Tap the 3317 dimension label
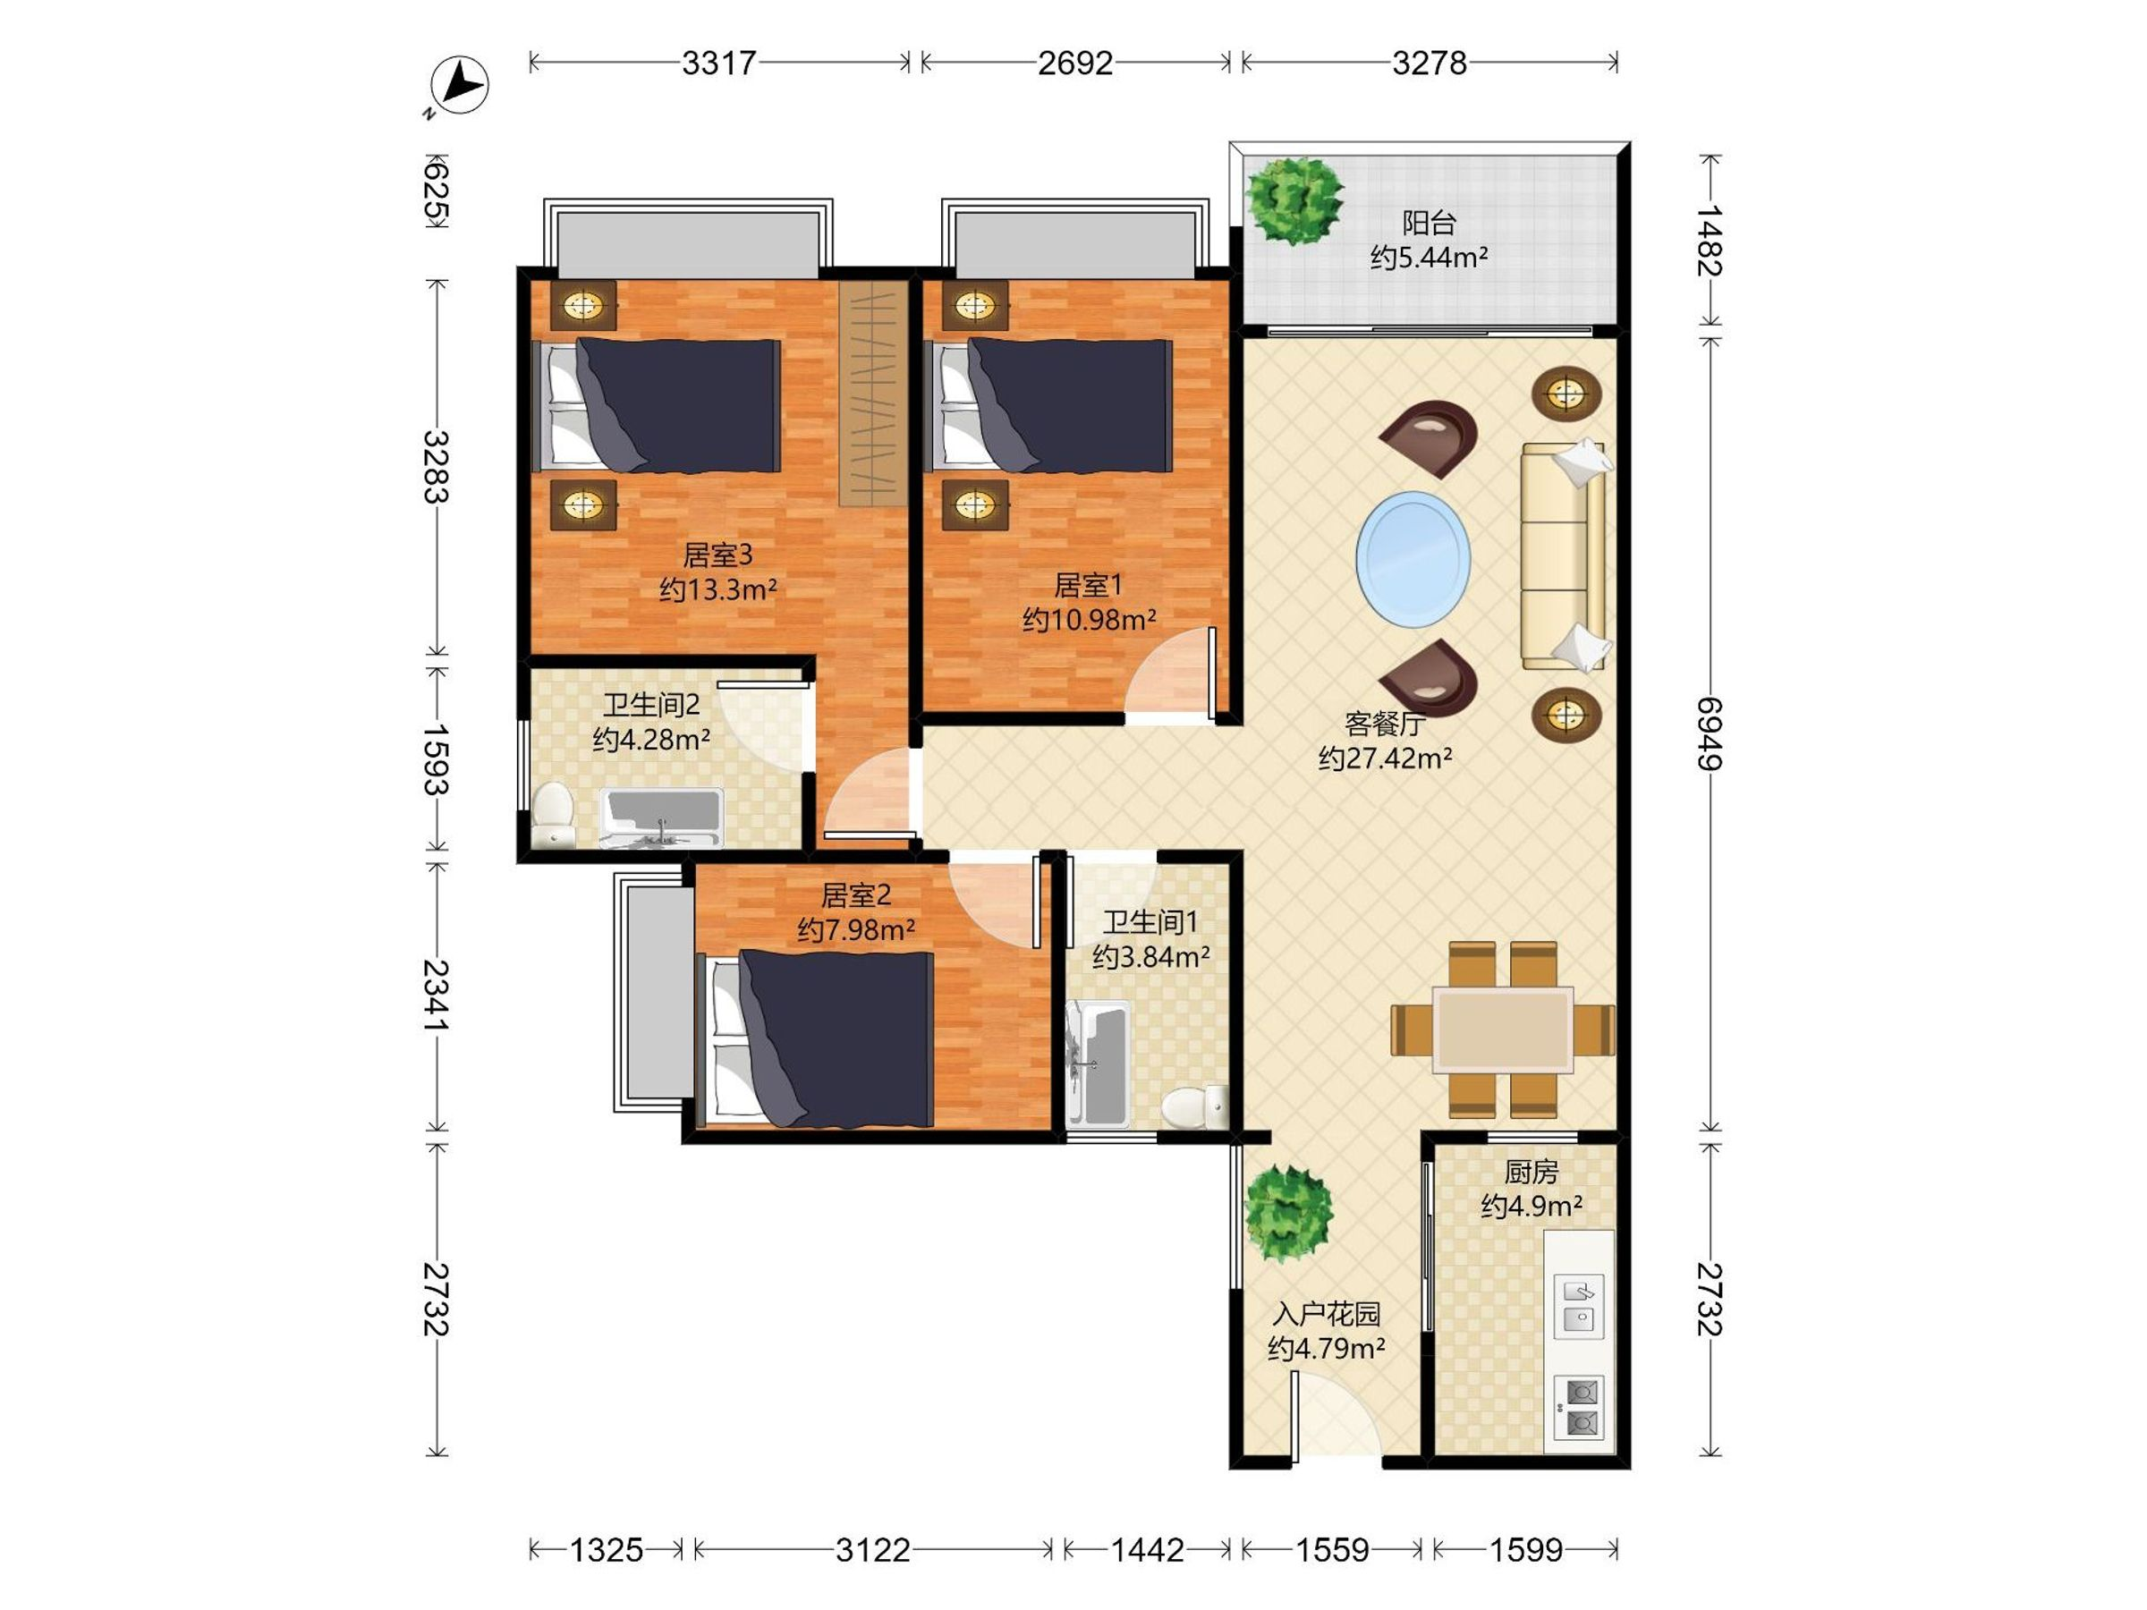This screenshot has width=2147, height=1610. pos(718,64)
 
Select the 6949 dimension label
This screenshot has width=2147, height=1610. pos(1710,733)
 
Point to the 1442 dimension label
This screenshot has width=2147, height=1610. pos(1147,1551)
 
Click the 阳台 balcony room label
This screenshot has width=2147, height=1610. pos(1429,224)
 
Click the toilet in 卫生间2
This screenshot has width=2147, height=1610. pos(553,815)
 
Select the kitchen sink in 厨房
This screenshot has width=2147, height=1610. pos(1578,1306)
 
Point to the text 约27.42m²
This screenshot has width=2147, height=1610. pos(1385,758)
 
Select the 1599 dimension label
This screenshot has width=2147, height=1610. pos(1526,1551)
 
